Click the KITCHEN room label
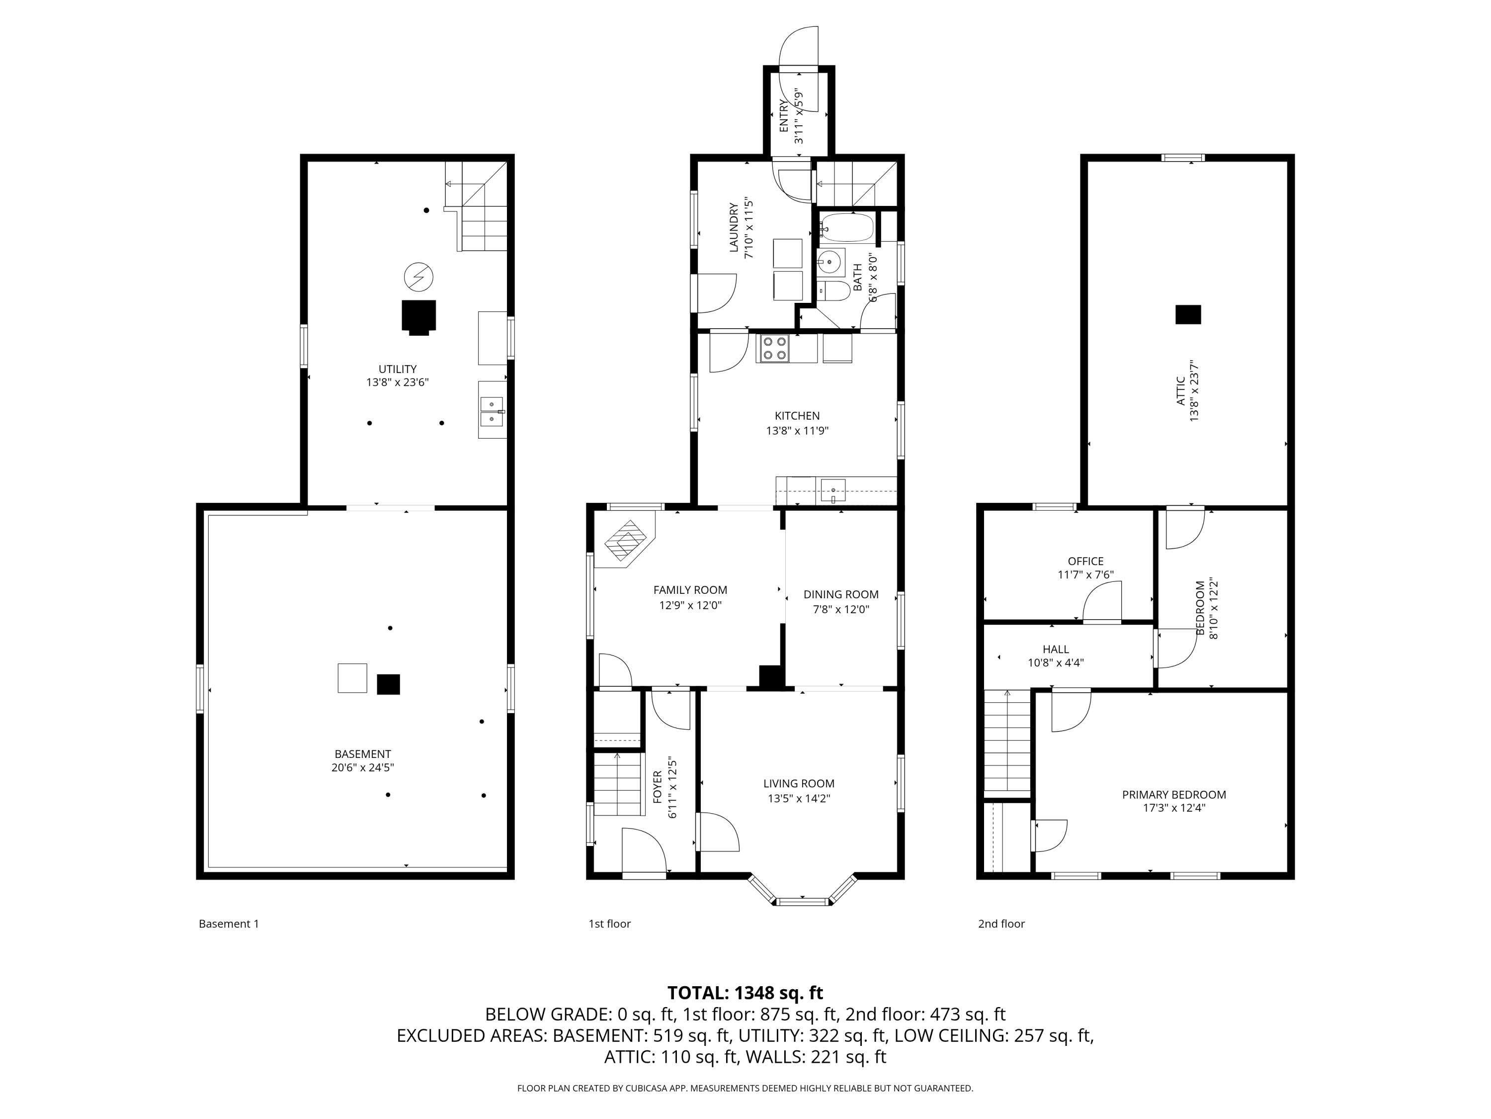[797, 415]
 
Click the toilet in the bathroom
[834, 291]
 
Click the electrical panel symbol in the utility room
[418, 276]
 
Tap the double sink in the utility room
[492, 411]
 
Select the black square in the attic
[1188, 314]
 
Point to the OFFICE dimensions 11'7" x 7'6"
[1085, 575]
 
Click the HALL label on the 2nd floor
[1056, 649]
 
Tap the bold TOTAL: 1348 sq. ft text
[745, 993]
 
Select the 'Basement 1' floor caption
[229, 924]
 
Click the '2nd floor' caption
[1001, 924]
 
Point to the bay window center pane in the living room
[802, 901]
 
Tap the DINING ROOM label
[840, 594]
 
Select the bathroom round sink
[830, 261]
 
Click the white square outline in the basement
[352, 678]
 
